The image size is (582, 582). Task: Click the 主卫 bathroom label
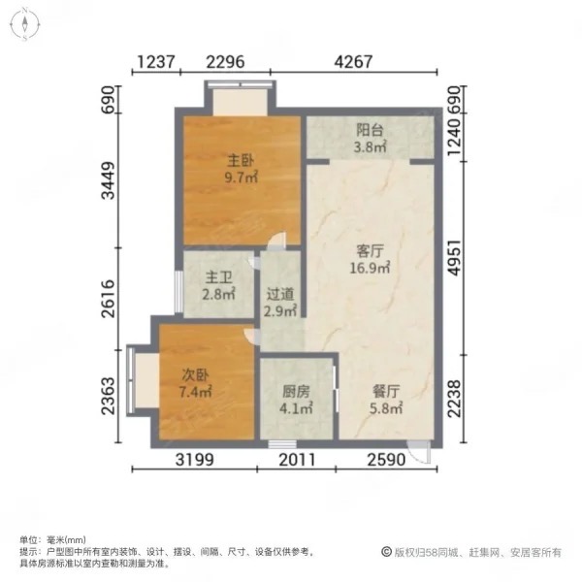click(213, 277)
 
